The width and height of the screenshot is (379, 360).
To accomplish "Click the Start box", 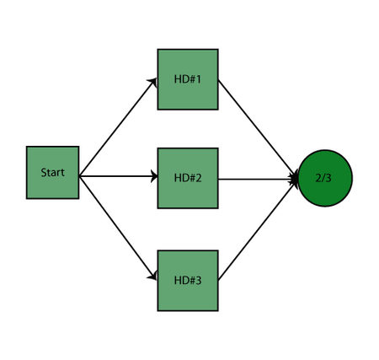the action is tap(52, 173).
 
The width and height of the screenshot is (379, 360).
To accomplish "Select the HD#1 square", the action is tap(188, 79).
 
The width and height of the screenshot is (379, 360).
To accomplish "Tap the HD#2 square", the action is tap(188, 178).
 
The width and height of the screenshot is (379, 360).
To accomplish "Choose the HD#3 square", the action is tap(188, 281).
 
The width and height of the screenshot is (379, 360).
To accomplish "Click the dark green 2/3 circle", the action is tap(325, 178).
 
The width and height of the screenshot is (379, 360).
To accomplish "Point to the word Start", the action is tap(52, 172).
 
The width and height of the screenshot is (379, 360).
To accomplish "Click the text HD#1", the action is tap(188, 79).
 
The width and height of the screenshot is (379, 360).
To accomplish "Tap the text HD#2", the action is tap(188, 178).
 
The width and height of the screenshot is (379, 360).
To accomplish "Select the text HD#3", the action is tap(188, 280).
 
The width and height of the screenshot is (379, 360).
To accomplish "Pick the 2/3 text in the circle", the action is tap(323, 178).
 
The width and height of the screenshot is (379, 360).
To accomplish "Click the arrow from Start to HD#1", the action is tap(118, 127).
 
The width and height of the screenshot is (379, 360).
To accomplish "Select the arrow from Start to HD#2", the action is tap(119, 176).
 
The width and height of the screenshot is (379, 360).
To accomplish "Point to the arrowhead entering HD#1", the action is tap(152, 82).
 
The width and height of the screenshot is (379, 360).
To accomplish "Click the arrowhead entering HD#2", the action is tap(154, 176).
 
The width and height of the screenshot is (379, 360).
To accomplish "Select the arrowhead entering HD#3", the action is tap(152, 276).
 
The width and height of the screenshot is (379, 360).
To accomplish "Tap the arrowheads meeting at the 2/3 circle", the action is tap(294, 179).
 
